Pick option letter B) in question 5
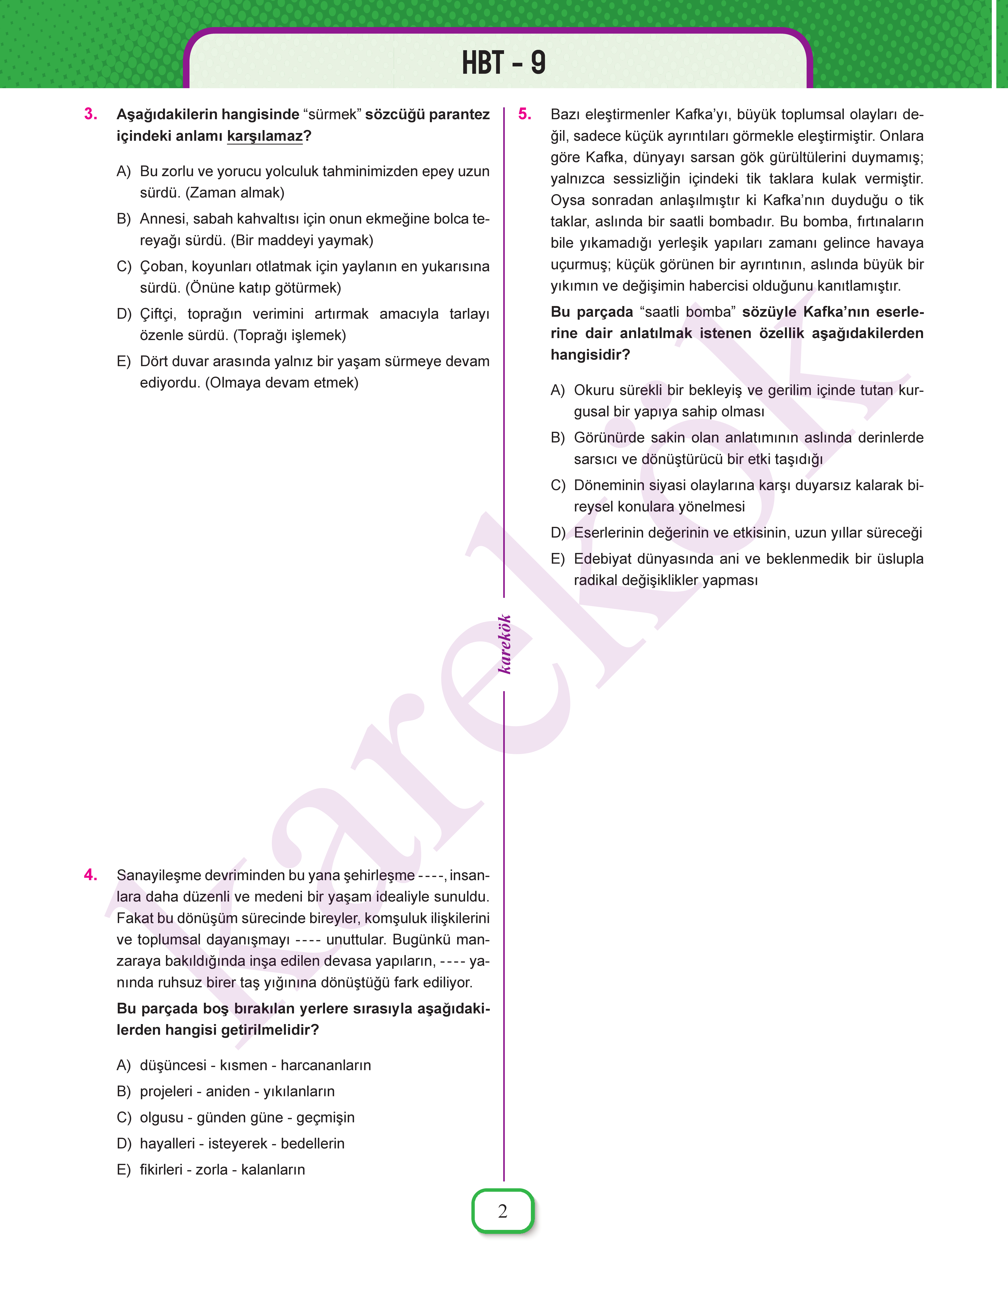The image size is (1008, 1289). (558, 438)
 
